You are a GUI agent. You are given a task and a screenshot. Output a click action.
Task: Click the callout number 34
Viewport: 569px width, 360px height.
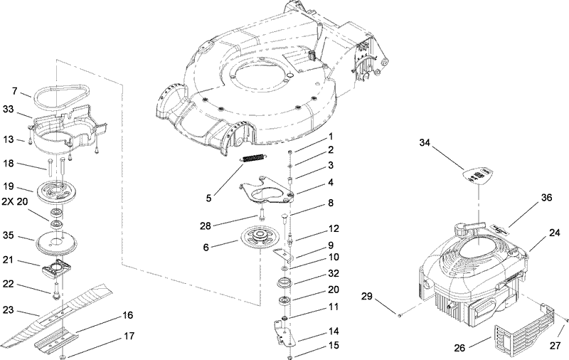(425, 143)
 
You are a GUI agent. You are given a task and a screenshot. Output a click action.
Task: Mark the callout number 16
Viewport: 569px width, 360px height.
(128, 314)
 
